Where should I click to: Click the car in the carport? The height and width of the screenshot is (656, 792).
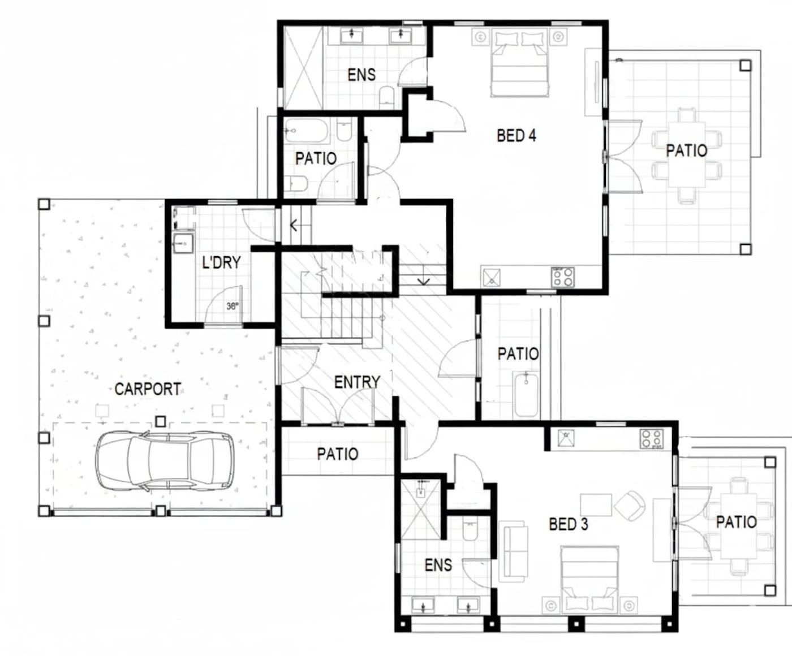(165, 460)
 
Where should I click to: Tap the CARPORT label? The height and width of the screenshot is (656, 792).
(148, 389)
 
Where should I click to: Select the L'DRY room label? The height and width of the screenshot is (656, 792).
(222, 262)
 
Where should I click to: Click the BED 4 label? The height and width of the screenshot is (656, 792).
(516, 135)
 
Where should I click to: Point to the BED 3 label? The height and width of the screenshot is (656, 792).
(568, 524)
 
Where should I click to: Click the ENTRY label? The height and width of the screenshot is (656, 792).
(357, 382)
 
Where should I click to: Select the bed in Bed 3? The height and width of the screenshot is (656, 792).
(590, 580)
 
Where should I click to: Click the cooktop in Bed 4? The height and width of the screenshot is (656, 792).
(563, 277)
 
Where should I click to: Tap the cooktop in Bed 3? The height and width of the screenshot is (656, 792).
(652, 439)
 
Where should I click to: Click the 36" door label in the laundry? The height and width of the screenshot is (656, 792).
(233, 305)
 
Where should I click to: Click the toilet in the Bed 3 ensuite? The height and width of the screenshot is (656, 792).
(470, 530)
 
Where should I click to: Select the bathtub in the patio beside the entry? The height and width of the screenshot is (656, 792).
(526, 395)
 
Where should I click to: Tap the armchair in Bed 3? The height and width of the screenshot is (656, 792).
(630, 506)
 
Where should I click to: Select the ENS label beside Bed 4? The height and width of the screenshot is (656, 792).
(361, 75)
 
